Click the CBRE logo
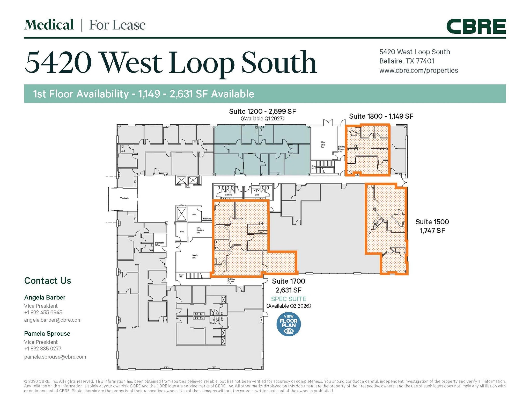(476, 26)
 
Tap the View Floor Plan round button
(289, 324)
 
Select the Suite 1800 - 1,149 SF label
(381, 116)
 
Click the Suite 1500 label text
(432, 222)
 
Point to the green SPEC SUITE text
(289, 299)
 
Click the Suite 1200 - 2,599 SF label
(262, 111)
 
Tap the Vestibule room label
(124, 198)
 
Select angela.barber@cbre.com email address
(53, 320)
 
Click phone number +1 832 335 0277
(43, 349)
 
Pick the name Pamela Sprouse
(47, 334)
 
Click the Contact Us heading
(48, 281)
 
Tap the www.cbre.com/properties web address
(418, 70)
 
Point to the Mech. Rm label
(195, 256)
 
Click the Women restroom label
(228, 195)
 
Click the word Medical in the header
(49, 25)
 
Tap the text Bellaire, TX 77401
(407, 61)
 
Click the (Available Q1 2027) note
(262, 119)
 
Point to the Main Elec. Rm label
(323, 145)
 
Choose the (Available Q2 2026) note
(289, 306)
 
